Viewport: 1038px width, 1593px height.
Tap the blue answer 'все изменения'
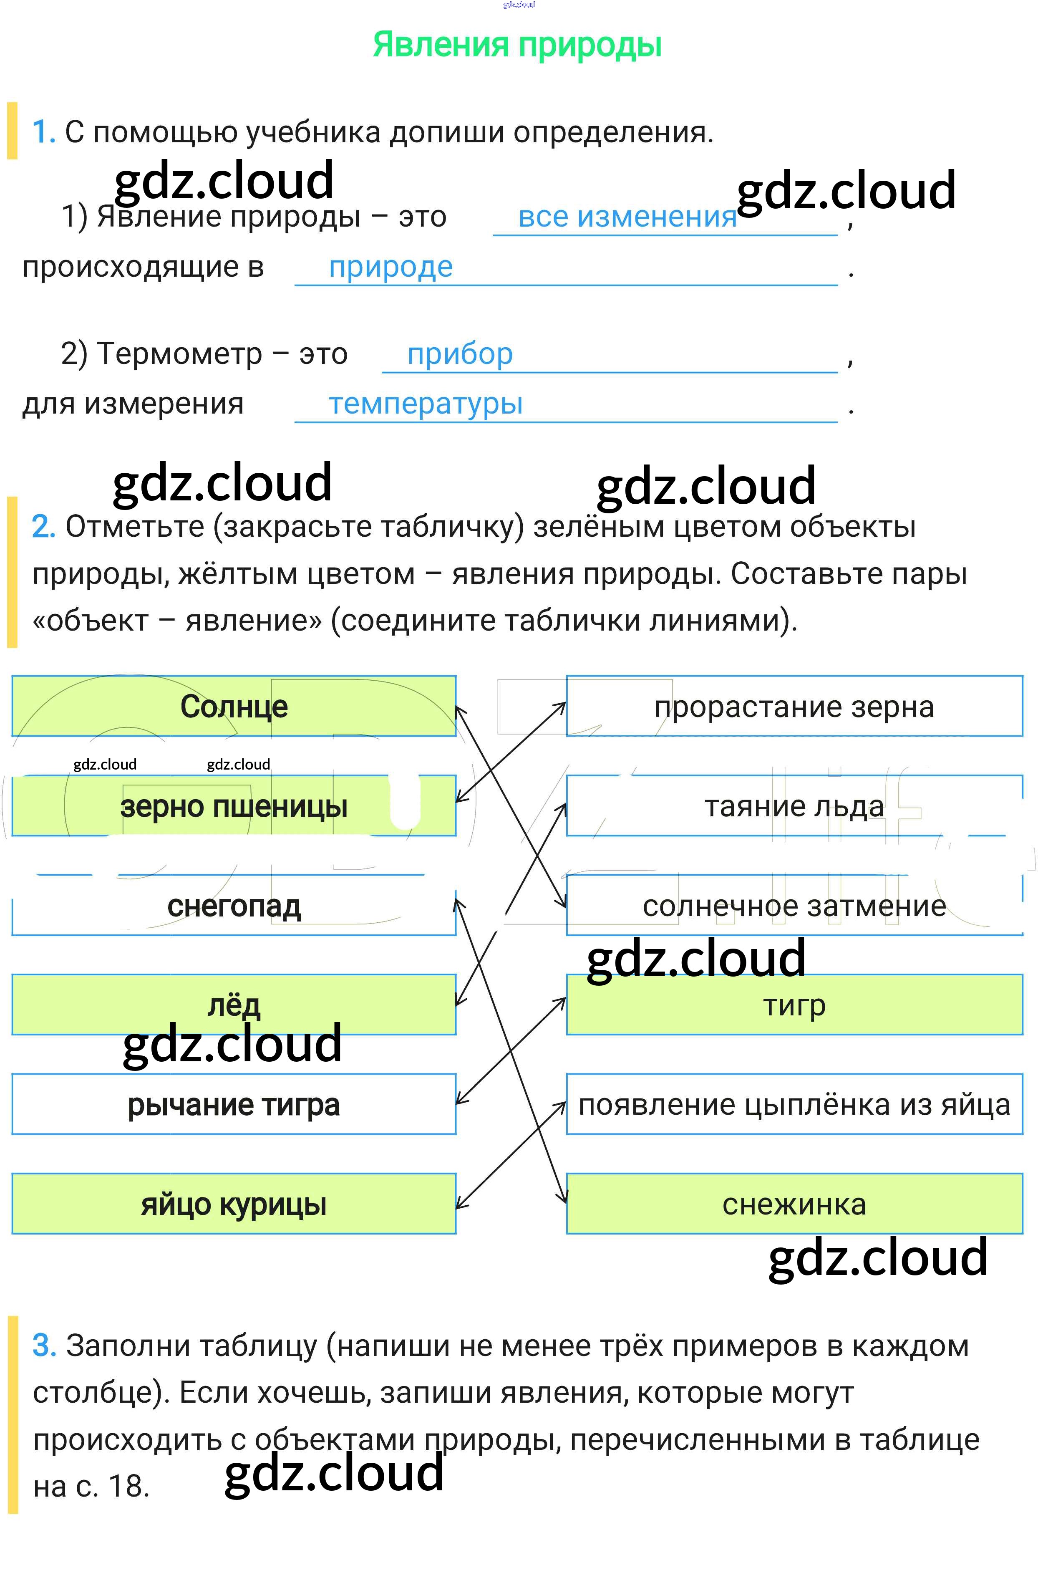click(627, 217)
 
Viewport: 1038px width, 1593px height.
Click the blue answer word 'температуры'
click(426, 404)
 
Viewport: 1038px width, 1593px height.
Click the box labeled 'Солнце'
click(234, 706)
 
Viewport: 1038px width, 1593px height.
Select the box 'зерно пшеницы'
click(234, 806)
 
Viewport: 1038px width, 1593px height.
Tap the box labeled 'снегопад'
click(234, 906)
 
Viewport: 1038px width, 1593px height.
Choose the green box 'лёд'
click(234, 1005)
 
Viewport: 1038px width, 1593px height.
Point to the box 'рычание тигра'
click(234, 1104)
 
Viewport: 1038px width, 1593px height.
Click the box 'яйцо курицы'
click(234, 1204)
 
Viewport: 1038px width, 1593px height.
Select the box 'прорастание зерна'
click(794, 706)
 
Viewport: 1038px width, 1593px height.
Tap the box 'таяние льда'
click(794, 806)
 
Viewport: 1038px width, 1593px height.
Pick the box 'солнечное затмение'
click(794, 906)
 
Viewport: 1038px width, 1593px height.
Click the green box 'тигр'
click(794, 1005)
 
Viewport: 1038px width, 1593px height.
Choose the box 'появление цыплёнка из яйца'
click(794, 1104)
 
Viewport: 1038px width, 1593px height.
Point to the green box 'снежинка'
click(794, 1204)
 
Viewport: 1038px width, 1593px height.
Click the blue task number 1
click(43, 132)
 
